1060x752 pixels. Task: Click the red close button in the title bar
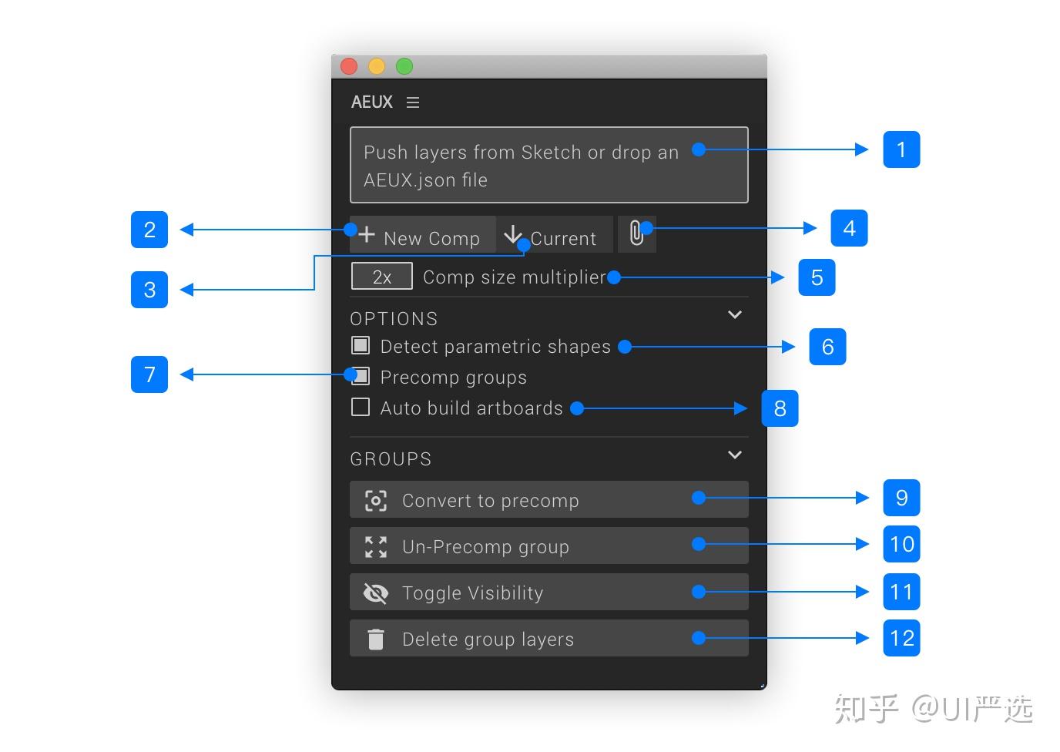349,66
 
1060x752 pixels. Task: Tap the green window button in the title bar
404,66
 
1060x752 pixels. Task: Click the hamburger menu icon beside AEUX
413,102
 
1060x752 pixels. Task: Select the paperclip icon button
636,233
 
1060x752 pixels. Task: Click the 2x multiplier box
381,277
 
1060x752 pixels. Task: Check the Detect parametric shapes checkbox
361,345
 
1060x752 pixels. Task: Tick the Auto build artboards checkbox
361,407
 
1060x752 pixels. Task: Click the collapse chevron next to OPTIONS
735,314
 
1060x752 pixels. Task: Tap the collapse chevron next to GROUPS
735,455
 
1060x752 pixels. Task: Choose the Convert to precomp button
548,500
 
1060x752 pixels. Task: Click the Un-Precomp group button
548,546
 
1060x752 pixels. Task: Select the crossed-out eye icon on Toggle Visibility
375,593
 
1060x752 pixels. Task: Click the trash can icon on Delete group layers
375,639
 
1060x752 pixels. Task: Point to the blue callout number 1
901,149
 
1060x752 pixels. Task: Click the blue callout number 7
149,374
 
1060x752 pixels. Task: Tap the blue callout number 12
901,638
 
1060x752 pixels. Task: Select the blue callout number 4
849,228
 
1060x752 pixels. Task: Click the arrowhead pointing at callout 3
186,290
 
